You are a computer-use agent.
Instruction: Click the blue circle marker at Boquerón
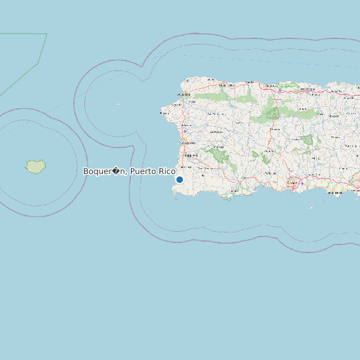[179, 179]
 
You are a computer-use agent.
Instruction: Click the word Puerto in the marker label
[143, 171]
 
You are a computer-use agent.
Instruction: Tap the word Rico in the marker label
[167, 171]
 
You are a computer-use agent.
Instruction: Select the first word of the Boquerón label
[103, 171]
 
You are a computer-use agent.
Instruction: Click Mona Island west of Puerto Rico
[35, 166]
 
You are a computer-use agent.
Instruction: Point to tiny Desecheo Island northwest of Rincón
[118, 104]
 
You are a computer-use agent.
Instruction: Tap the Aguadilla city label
[177, 104]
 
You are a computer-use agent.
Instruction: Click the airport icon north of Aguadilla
[187, 81]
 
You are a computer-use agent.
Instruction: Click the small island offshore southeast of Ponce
[310, 207]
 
